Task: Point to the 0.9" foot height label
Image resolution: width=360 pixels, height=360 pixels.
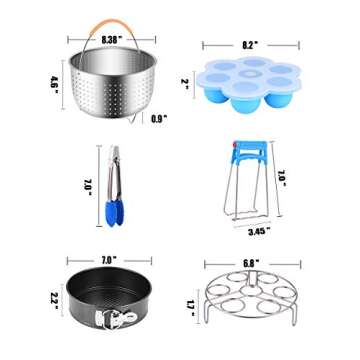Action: pos(157,118)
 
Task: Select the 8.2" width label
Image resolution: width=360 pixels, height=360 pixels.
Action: pos(250,45)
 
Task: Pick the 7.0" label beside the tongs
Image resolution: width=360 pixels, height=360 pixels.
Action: pos(88,187)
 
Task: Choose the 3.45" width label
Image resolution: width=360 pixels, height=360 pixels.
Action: pos(258,229)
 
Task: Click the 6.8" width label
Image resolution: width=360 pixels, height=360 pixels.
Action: pos(250,265)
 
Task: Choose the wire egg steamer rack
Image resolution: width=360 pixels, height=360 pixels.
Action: pos(249,298)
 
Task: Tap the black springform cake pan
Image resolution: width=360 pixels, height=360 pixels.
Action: pos(107,296)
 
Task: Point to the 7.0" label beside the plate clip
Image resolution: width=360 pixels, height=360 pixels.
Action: pos(283,177)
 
